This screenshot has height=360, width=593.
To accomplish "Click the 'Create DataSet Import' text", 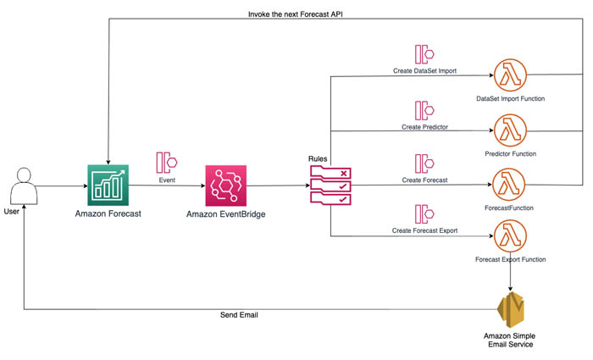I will (x=425, y=70).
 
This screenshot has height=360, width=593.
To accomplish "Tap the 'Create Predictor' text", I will (x=424, y=126).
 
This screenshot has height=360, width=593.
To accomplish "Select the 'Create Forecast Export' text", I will (x=425, y=230).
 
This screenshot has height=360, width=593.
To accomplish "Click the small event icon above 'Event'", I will (x=167, y=161).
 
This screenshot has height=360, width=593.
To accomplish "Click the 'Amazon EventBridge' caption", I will (x=225, y=215).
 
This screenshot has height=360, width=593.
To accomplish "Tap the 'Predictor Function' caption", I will (x=510, y=154).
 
